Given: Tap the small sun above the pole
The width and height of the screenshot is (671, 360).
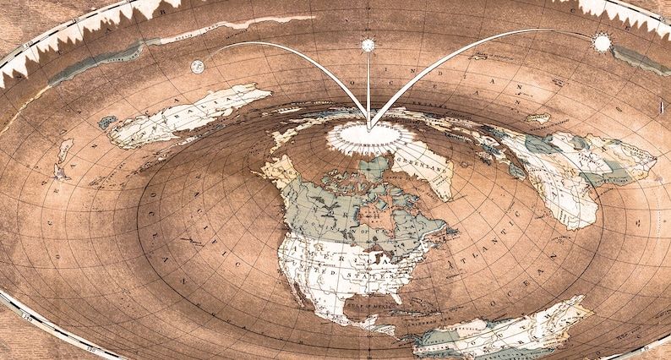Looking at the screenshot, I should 368,45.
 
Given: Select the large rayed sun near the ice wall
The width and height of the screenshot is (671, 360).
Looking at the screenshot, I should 602,41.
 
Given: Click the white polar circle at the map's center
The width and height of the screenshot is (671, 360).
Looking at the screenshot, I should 369,134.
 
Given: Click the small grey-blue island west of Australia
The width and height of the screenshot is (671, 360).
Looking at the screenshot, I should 107,123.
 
